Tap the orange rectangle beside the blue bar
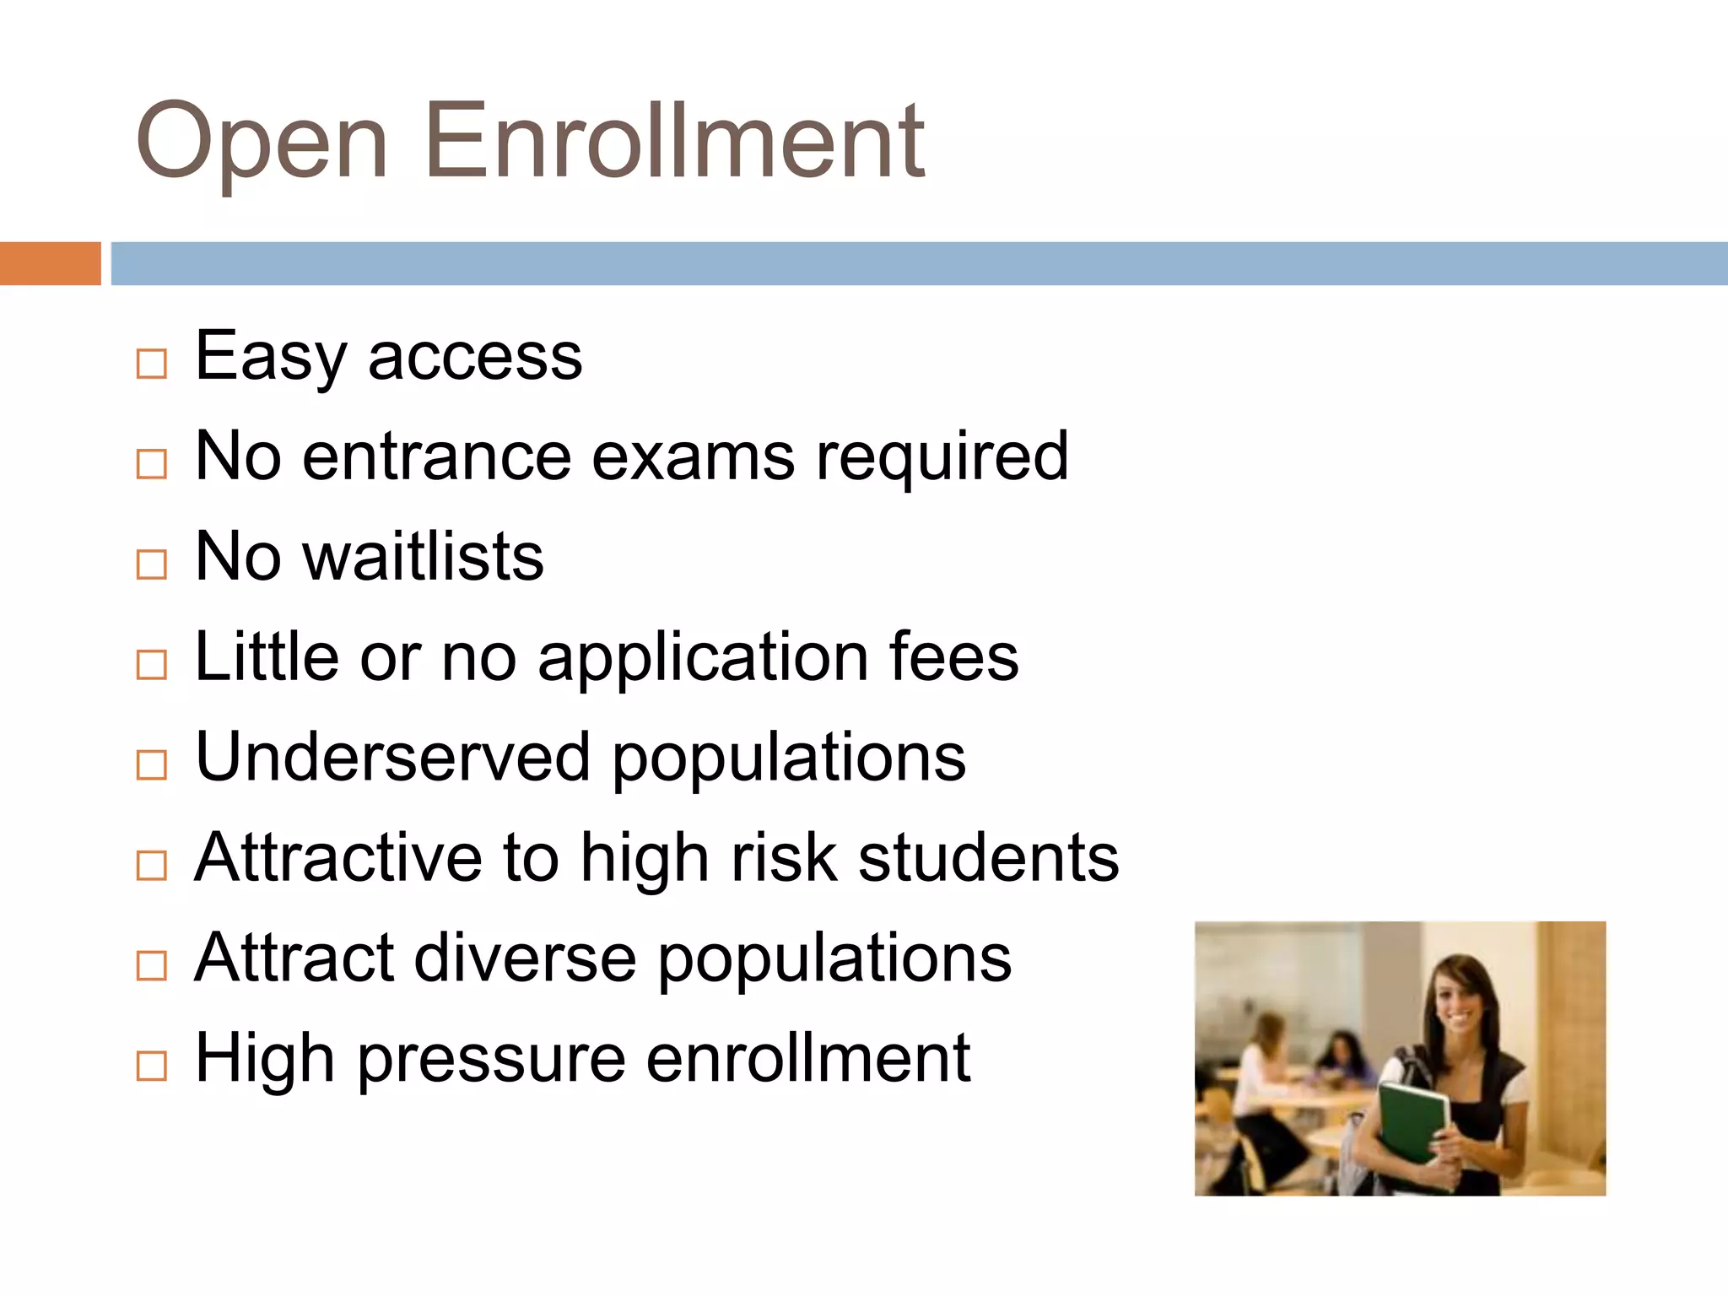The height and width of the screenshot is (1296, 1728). coord(50,263)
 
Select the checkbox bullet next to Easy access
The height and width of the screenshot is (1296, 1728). coord(152,364)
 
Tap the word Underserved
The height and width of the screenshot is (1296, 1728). coord(392,757)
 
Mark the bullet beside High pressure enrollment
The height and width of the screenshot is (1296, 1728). coord(152,1066)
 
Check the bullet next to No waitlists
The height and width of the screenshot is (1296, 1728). coord(152,564)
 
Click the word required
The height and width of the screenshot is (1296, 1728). coord(942,458)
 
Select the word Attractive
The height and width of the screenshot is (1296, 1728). coord(338,857)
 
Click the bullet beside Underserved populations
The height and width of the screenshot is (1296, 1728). coord(152,765)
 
